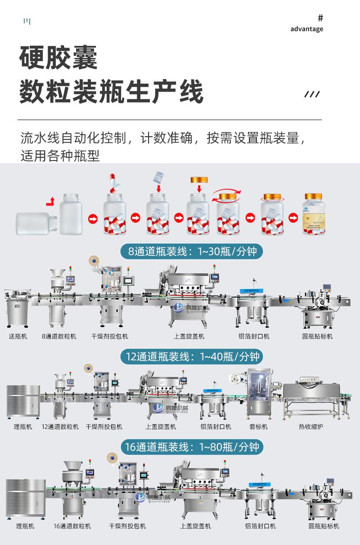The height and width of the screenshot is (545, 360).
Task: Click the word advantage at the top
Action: (x=306, y=29)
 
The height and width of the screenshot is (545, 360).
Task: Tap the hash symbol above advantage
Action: (x=320, y=18)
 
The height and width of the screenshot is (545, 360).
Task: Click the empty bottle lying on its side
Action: (x=36, y=223)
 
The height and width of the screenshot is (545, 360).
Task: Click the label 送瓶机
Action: (x=18, y=336)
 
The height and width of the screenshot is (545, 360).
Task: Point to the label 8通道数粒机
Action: (x=59, y=336)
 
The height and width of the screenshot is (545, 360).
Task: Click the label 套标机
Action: (x=258, y=426)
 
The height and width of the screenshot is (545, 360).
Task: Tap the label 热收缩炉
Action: (x=310, y=426)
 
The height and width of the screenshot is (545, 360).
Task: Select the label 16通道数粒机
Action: (x=72, y=526)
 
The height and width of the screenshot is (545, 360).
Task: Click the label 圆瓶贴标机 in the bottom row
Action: (x=324, y=526)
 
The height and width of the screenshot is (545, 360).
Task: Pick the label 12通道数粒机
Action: (x=60, y=426)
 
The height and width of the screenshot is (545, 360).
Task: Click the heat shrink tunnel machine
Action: (x=311, y=396)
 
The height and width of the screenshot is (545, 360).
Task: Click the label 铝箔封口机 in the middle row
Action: (x=216, y=426)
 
